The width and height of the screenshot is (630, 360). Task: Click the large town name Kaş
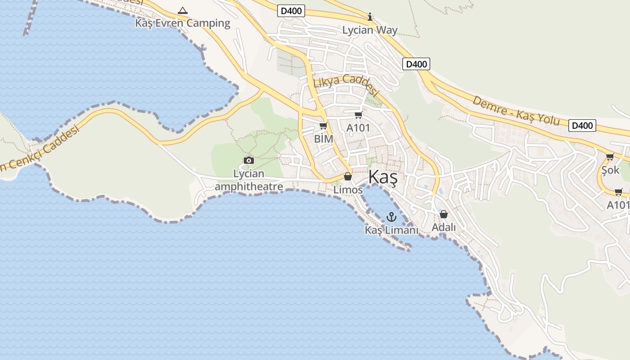pyautogui.click(x=383, y=178)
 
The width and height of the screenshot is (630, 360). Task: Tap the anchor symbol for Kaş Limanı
pyautogui.click(x=391, y=217)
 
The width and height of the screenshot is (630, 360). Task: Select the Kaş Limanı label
pyautogui.click(x=391, y=230)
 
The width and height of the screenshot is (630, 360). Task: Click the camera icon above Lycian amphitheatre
pyautogui.click(x=248, y=160)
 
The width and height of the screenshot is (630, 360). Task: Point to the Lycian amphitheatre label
pyautogui.click(x=249, y=180)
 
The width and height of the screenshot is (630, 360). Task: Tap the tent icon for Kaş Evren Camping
pyautogui.click(x=183, y=10)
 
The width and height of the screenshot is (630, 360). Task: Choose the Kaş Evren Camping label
pyautogui.click(x=183, y=23)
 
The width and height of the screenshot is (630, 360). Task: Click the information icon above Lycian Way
pyautogui.click(x=370, y=17)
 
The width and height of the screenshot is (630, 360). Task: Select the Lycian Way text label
pyautogui.click(x=370, y=30)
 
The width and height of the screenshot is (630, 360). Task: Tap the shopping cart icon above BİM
pyautogui.click(x=323, y=126)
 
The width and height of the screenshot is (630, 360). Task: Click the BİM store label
pyautogui.click(x=324, y=139)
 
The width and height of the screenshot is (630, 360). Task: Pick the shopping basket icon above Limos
pyautogui.click(x=348, y=176)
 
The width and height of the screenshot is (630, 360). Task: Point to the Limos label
pyautogui.click(x=348, y=190)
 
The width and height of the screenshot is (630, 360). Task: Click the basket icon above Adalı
pyautogui.click(x=444, y=214)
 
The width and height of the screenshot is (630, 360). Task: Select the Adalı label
pyautogui.click(x=444, y=227)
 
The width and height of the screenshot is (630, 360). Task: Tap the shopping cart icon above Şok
pyautogui.click(x=610, y=157)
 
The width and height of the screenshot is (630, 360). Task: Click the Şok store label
pyautogui.click(x=611, y=170)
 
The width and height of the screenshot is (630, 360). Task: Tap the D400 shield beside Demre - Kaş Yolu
pyautogui.click(x=582, y=126)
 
